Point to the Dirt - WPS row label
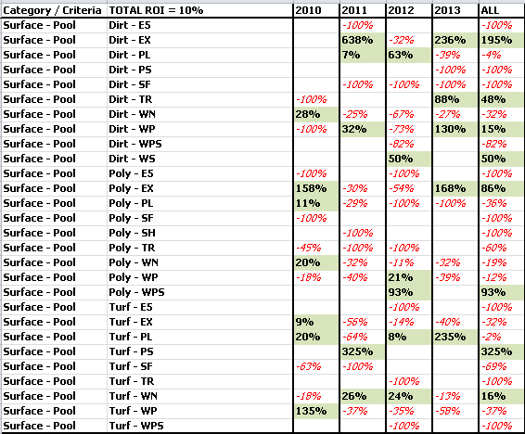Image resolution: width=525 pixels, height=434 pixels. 135,144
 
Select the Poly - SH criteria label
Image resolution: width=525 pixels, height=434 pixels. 133,233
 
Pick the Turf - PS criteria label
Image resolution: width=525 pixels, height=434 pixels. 132,351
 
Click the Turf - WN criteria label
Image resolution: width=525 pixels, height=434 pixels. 134,396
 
